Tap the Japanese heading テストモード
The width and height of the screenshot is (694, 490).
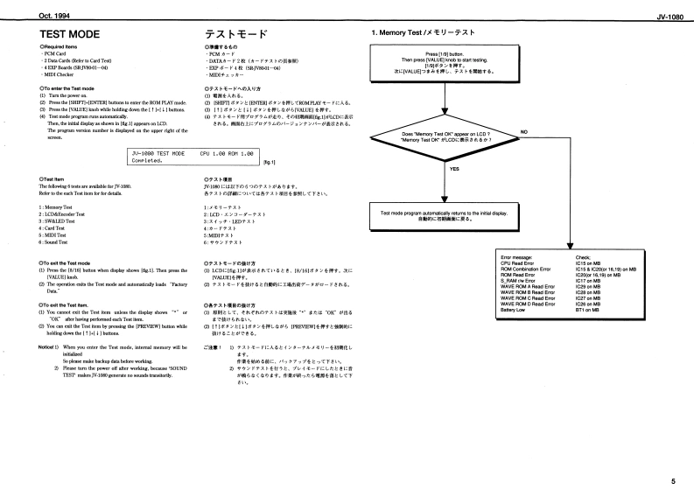(229, 32)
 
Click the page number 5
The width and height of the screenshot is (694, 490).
(673, 480)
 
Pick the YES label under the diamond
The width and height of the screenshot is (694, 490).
(454, 167)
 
